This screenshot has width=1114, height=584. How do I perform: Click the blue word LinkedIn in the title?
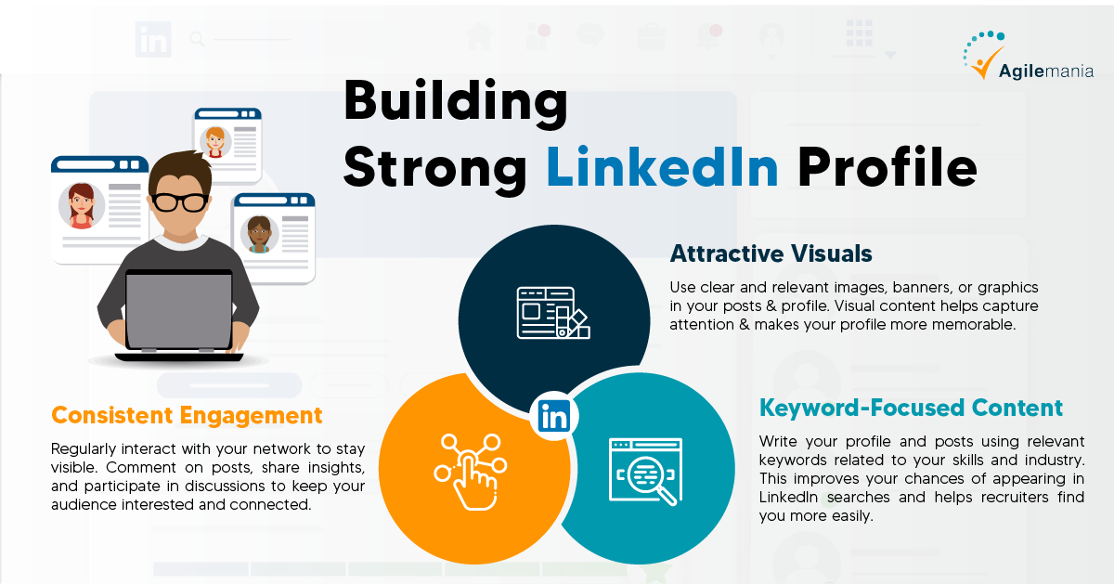662,166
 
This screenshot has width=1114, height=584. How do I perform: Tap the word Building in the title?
455,103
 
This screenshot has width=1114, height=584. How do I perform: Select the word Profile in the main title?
887,166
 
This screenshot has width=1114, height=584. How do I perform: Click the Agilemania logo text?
1046,71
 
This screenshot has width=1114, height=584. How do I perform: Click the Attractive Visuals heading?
771,253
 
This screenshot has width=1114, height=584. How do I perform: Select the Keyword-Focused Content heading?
911,408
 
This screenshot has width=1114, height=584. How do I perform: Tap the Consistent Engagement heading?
187,415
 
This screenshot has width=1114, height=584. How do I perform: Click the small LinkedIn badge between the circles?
554,416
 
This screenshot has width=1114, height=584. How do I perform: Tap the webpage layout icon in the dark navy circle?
553,313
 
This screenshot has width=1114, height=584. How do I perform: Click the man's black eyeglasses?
179,201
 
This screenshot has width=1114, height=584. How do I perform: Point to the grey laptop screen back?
179,310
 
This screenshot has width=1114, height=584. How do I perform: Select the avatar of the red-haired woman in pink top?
81,206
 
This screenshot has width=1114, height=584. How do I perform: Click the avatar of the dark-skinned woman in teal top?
259,234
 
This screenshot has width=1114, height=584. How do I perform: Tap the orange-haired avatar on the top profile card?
215,142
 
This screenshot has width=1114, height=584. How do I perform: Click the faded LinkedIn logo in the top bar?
153,39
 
